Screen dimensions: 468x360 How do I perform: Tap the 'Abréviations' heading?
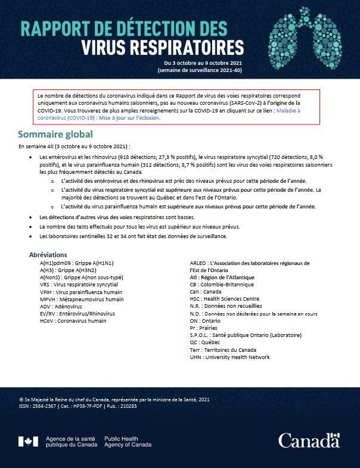(52, 255)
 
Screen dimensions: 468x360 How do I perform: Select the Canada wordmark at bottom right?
(309, 441)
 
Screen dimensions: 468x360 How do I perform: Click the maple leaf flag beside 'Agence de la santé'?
(28, 441)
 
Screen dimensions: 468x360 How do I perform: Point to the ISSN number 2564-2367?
(46, 406)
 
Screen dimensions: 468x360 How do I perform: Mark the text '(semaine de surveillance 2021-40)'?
(200, 70)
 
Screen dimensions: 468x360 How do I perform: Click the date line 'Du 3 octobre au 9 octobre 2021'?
(203, 63)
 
